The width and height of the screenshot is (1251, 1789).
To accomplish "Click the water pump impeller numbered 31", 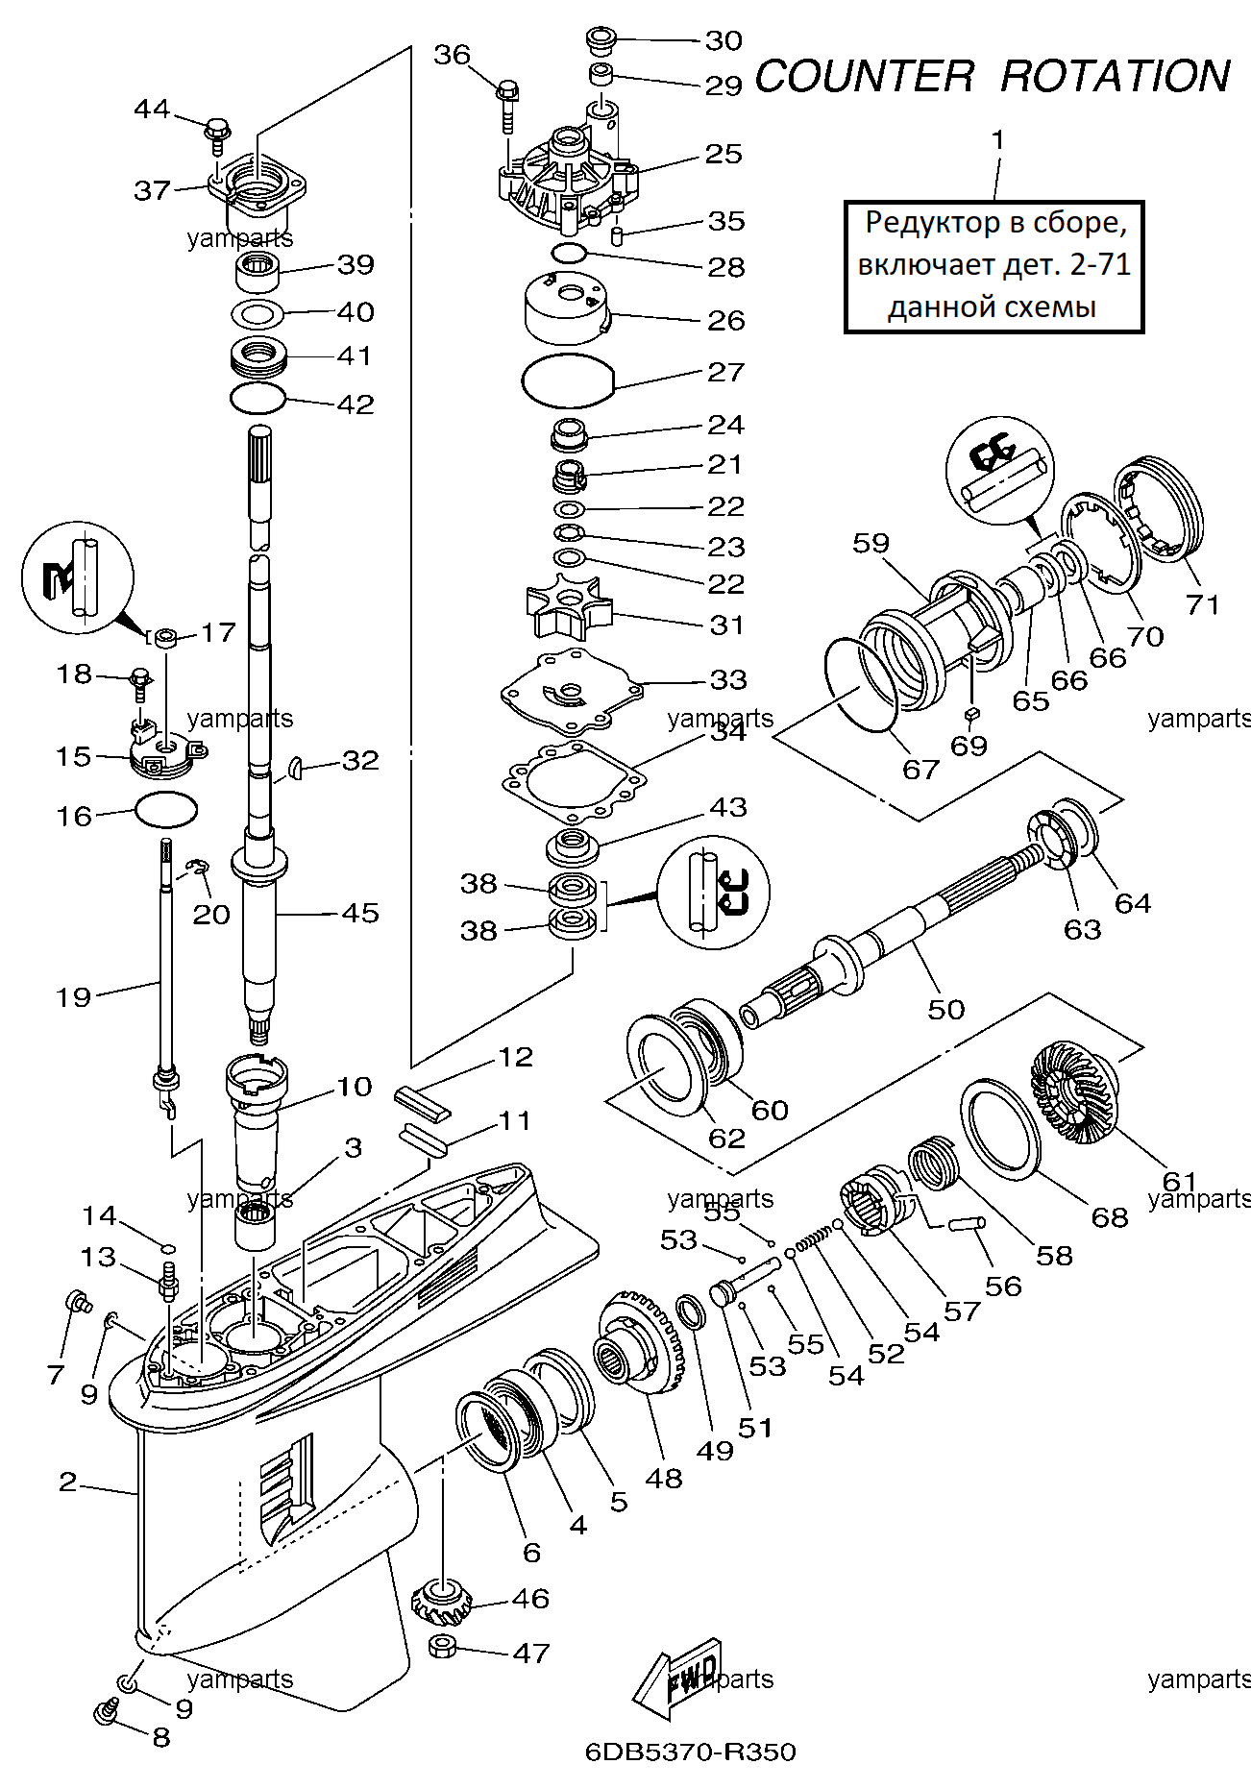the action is [563, 606].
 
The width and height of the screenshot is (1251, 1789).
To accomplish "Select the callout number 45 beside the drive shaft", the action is [360, 913].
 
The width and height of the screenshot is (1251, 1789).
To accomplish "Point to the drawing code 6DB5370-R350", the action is [691, 1752].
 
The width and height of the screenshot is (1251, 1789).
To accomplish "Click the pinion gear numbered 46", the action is [441, 1600].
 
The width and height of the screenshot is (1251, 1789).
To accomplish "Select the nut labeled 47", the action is [441, 1646].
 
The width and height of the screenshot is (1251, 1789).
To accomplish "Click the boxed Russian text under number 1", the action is [993, 265].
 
